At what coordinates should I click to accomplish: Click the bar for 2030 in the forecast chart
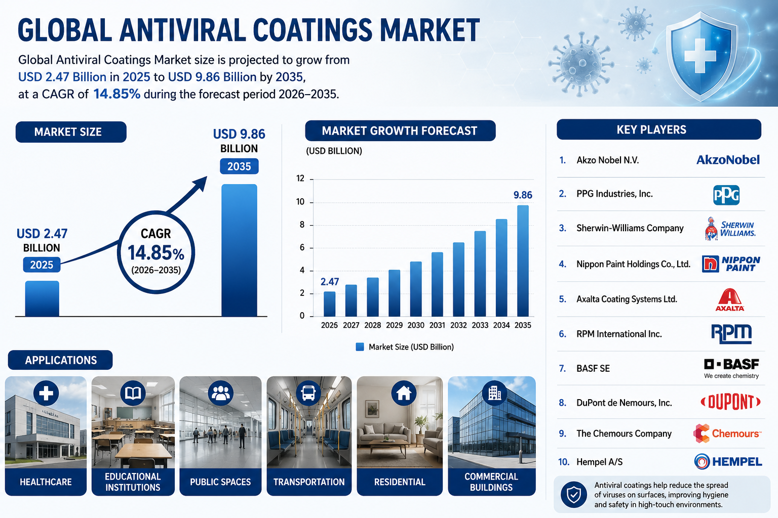416,289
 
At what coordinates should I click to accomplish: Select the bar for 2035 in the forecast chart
523,261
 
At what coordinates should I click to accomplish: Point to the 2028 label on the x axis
372,325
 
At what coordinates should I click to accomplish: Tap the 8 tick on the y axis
302,225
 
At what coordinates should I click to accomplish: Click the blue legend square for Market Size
360,347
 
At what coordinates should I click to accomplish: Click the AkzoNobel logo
728,159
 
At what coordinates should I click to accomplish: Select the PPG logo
726,195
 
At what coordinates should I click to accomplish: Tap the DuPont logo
730,402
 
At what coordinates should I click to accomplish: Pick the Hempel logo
728,461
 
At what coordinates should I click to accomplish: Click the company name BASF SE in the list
593,368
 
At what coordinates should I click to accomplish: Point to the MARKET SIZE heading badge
71,132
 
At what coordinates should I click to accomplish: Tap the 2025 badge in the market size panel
42,265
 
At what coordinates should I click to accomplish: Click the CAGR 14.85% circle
118,252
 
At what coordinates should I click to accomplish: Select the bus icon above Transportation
308,393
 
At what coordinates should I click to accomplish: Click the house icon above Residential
404,393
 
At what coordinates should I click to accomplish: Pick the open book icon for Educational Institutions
133,393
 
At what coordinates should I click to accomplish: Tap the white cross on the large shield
700,56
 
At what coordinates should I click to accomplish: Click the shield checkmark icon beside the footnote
574,494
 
